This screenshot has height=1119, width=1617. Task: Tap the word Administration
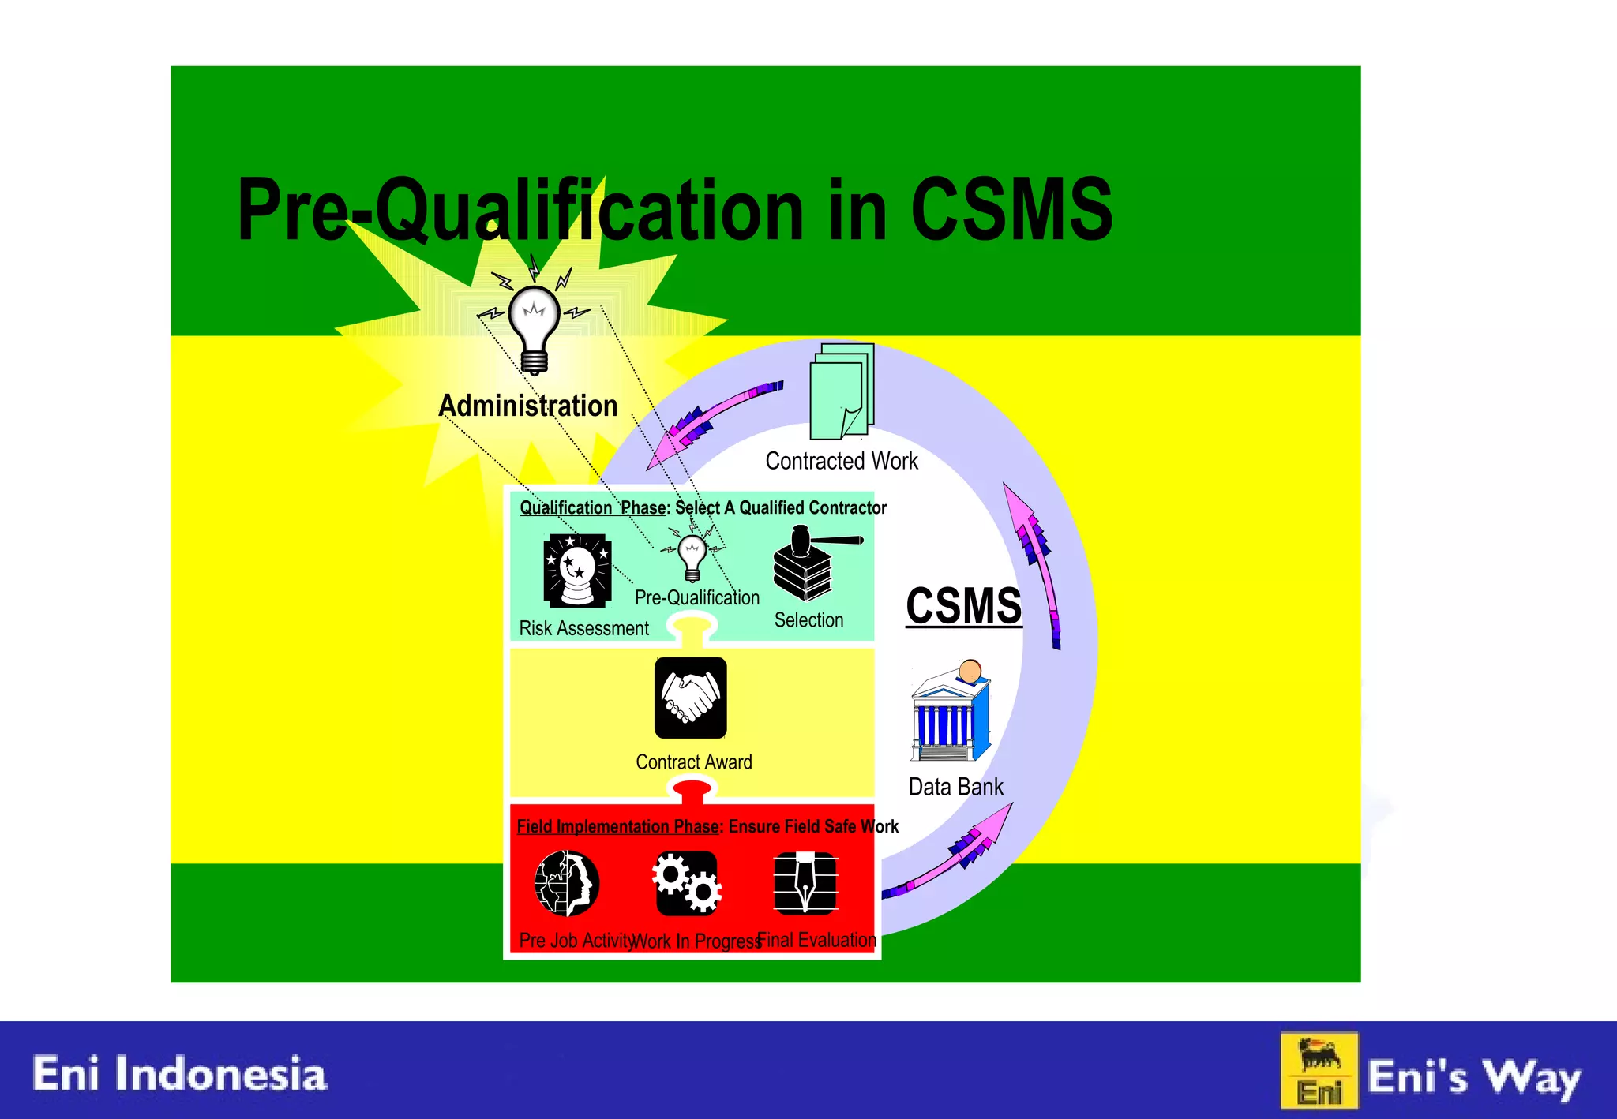click(527, 406)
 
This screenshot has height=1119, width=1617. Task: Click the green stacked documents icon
click(842, 391)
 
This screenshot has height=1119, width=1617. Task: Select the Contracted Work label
click(842, 461)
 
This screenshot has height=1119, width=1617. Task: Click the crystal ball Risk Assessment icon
click(577, 571)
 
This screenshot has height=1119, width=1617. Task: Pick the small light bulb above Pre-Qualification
click(692, 556)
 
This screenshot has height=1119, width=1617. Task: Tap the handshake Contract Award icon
click(691, 698)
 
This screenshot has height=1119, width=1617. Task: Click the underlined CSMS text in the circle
click(963, 606)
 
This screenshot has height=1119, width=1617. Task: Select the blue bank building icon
click(951, 713)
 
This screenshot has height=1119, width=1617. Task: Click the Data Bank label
click(955, 787)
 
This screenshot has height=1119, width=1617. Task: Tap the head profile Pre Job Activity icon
click(566, 883)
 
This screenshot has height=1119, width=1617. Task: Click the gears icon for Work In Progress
click(686, 883)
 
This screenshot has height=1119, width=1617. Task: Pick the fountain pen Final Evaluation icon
click(805, 883)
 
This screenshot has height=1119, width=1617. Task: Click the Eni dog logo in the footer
click(1319, 1071)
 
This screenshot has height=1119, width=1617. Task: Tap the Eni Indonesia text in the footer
click(179, 1074)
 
